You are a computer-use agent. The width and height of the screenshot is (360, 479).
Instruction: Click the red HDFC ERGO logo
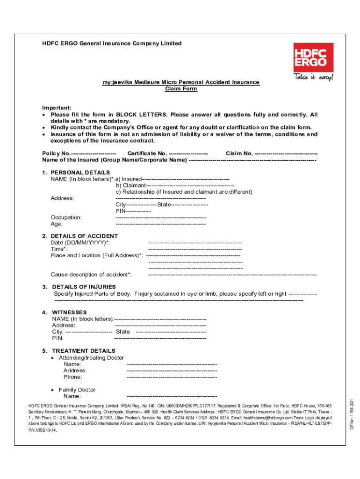[313, 57]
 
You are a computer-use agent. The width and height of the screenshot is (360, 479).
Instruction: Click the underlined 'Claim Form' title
[181, 89]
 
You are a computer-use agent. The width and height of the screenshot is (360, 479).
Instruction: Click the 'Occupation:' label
[66, 218]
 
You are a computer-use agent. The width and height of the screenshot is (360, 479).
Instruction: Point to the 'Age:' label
[57, 224]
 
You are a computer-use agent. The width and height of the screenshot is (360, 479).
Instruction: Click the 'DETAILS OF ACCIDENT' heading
[84, 236]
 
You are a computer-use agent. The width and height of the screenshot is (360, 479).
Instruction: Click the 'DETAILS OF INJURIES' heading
[84, 287]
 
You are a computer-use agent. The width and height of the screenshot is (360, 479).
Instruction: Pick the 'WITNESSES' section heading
[69, 312]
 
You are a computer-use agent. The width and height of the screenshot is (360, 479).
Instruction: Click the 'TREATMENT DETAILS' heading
[83, 351]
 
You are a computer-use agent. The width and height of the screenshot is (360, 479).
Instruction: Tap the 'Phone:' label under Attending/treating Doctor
[72, 377]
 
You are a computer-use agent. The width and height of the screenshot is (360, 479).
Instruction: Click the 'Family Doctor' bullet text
[77, 390]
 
